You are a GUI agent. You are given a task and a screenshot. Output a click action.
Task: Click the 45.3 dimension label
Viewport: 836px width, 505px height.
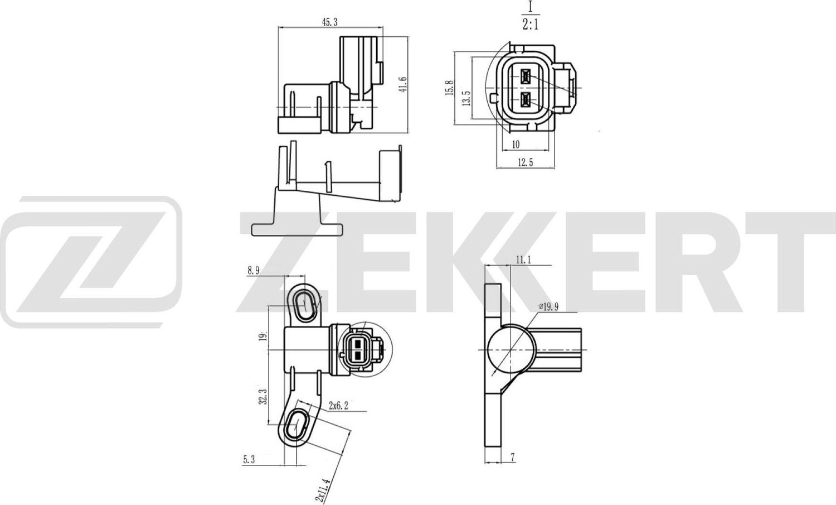point(329,22)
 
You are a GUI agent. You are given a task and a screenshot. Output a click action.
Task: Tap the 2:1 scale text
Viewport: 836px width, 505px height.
point(530,25)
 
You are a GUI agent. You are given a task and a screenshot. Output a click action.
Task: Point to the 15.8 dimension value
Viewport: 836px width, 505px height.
point(450,88)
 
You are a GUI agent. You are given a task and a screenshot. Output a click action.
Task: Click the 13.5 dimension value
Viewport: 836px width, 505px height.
point(467,98)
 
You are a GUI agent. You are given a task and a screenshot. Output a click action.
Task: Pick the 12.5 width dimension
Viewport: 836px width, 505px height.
point(526,162)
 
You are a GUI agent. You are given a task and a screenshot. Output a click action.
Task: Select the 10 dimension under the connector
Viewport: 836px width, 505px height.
point(516,145)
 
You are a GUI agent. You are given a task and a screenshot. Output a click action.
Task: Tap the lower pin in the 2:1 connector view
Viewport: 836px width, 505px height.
point(526,100)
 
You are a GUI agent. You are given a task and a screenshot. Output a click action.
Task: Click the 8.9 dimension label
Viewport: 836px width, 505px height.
point(254,271)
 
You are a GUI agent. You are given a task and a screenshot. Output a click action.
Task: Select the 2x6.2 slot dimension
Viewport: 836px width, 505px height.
point(338,406)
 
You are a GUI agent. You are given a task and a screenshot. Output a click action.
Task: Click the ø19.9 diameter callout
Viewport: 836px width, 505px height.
point(549,306)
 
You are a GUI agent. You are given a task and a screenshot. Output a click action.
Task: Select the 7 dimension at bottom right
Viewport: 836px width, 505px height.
point(513,458)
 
